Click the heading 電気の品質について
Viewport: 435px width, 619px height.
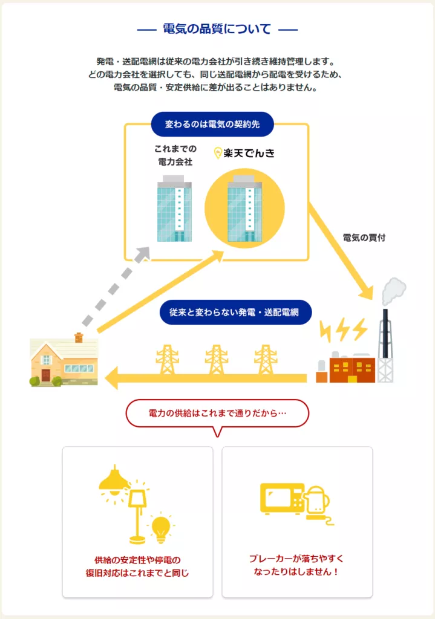point(217,29)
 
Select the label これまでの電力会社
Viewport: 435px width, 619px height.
point(174,155)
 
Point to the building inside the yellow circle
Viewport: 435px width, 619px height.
point(244,209)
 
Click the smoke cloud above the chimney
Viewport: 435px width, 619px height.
point(394,291)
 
